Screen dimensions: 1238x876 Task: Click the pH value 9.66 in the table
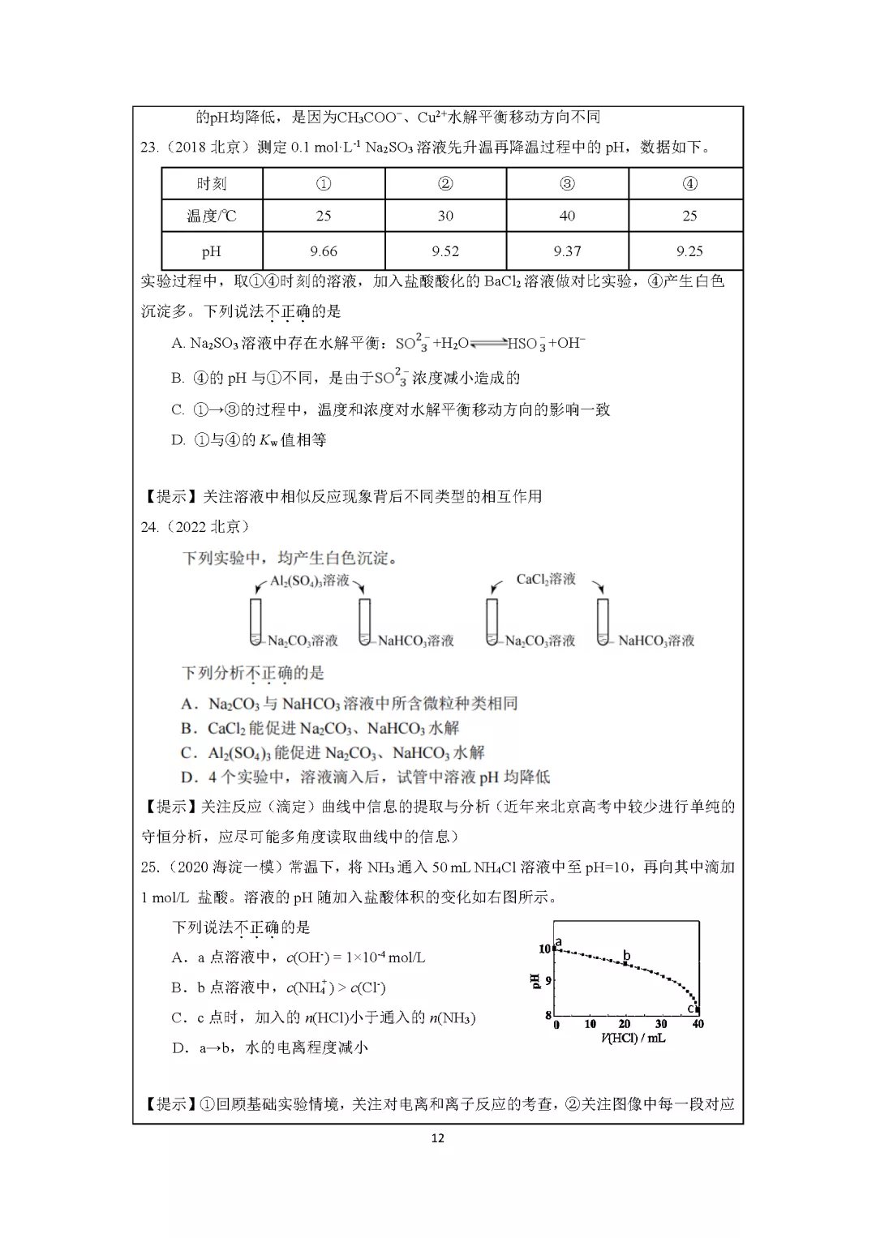tap(324, 251)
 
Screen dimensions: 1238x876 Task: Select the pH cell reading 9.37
tap(567, 251)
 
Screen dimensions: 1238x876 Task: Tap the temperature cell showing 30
tap(445, 216)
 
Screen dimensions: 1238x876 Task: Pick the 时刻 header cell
tap(212, 184)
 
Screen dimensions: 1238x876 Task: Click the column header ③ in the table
tap(567, 184)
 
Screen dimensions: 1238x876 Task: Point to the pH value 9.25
tap(689, 251)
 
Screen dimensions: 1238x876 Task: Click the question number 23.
tap(148, 148)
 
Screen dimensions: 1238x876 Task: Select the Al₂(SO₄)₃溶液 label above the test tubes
tap(310, 580)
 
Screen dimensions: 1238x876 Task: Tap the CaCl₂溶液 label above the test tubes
tap(546, 579)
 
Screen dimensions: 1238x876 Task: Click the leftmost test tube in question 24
tap(256, 622)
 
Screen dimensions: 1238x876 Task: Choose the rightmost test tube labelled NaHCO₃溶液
tap(603, 622)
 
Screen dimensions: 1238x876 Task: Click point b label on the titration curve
tap(626, 956)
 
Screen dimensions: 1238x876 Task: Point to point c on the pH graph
tap(692, 1009)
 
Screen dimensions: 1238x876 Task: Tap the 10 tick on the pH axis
tap(545, 949)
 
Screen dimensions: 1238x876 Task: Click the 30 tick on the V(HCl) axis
tap(661, 1024)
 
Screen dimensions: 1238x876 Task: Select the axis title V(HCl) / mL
tap(633, 1039)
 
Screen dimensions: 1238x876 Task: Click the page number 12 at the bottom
tap(438, 1138)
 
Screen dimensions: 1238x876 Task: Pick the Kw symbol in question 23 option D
tap(268, 440)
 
